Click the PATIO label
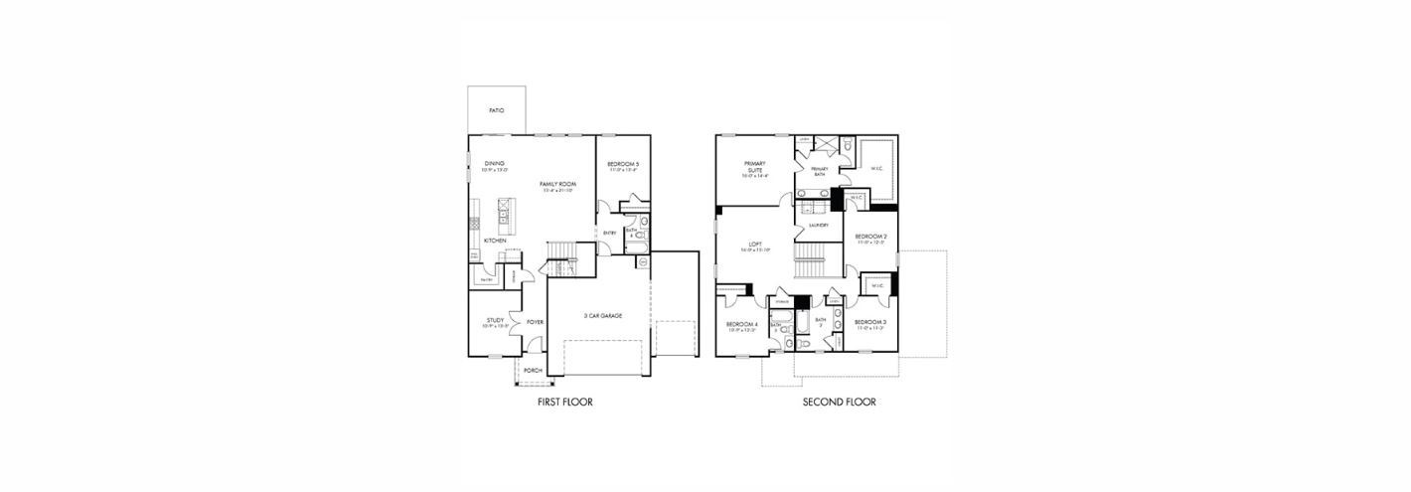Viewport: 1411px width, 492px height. coord(496,110)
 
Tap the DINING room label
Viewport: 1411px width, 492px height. coord(494,163)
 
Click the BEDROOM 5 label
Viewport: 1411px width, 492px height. coord(624,164)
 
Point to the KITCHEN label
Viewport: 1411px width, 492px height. coord(495,241)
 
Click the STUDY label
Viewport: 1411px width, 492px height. coord(495,320)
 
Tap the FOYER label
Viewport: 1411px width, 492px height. coord(535,322)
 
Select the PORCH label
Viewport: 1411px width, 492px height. coord(533,370)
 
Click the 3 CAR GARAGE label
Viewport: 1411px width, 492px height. coord(602,315)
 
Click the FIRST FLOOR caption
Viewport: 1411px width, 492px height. coord(563,403)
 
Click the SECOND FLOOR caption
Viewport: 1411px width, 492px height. coord(839,403)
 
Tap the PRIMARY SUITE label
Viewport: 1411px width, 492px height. coord(754,167)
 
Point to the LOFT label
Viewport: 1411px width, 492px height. coord(754,245)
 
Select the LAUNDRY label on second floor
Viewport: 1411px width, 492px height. coord(818,226)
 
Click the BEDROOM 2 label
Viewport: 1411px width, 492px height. coord(870,237)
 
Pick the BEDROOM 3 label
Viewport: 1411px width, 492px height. coord(869,322)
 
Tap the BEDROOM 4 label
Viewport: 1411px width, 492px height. coord(741,325)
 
